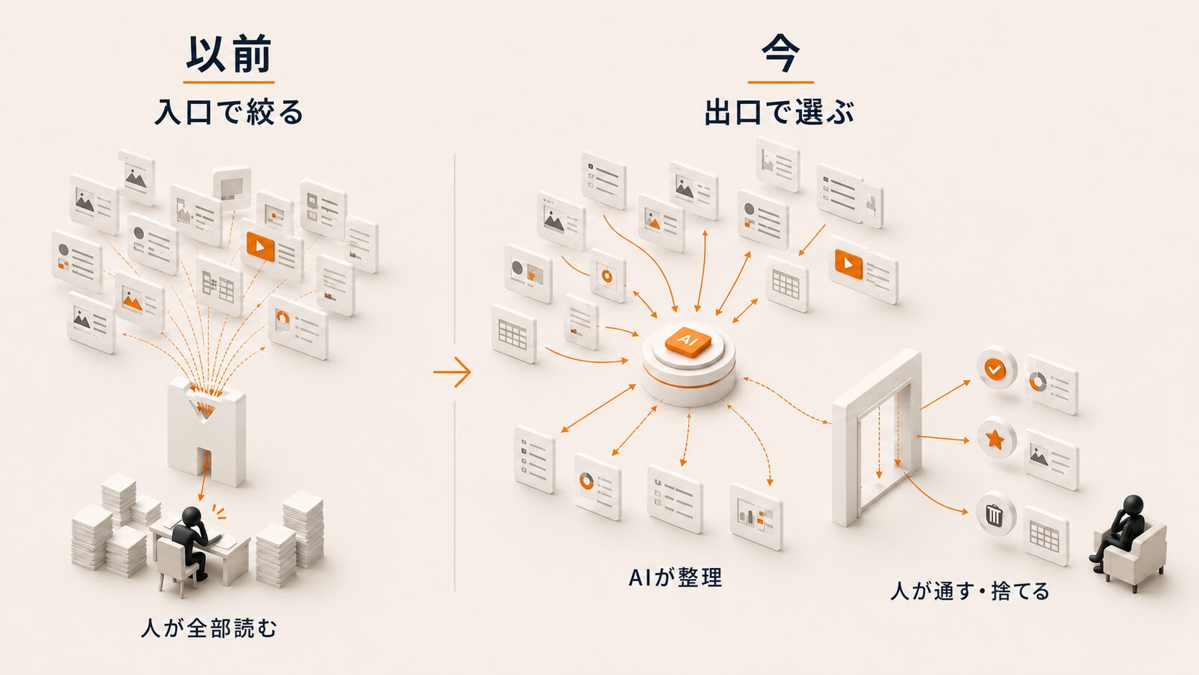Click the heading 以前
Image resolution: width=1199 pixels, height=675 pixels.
coord(229,55)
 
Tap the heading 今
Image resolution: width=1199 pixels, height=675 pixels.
coord(780,55)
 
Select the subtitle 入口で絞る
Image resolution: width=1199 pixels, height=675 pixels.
coord(229,113)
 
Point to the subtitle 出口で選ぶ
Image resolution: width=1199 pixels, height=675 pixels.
coord(779,113)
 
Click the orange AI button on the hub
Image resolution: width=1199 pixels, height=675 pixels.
coord(688,341)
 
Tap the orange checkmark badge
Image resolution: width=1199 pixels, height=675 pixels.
coord(995,369)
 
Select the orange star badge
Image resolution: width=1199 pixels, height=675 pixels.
coord(995,438)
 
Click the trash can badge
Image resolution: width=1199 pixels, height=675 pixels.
coord(995,514)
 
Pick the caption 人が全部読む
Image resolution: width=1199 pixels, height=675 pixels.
coord(209,628)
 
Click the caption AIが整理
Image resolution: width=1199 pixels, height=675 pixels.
coord(676,577)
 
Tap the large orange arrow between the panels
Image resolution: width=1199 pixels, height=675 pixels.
coord(452,372)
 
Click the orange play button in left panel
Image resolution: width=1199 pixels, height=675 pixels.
coord(260,247)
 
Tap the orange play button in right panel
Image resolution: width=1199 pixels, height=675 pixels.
coord(848,263)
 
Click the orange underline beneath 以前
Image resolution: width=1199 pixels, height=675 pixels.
coord(229,82)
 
